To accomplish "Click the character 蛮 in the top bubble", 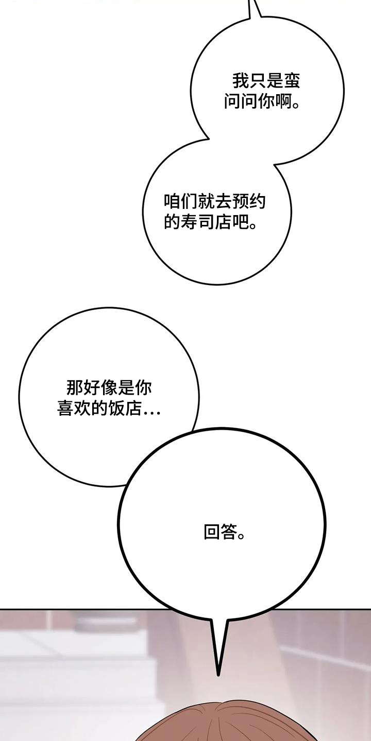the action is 292,81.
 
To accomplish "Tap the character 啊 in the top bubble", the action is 283,102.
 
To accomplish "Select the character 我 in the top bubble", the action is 241,81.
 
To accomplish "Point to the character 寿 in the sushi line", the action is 189,222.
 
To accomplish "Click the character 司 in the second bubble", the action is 206,222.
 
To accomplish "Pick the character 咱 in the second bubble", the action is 172,201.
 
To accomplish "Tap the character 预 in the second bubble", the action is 240,201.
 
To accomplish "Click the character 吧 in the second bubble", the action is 240,222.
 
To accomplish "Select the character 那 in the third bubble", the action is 75,387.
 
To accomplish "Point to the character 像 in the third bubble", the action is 109,387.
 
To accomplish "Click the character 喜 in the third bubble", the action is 65,408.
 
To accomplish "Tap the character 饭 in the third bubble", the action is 116,408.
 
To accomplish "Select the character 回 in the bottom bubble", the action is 212,532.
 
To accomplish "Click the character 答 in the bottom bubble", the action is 229,532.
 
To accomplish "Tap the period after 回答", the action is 242,537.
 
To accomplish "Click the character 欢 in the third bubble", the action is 82,408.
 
